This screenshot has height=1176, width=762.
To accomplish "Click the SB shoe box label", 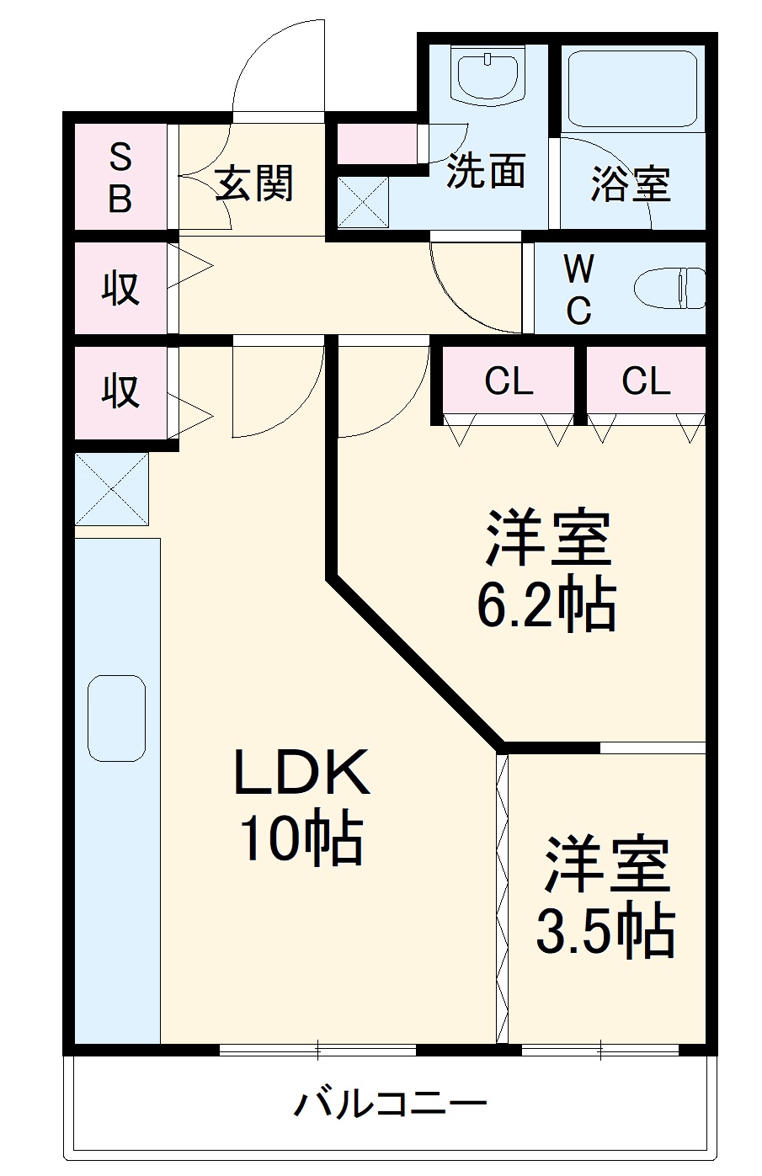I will point(120,178).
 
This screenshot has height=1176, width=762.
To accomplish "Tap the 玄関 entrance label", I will point(254,183).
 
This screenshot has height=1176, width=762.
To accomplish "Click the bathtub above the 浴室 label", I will point(631,88).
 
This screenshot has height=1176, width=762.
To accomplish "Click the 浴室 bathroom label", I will point(630,183).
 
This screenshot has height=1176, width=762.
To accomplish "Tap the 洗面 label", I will point(486,171).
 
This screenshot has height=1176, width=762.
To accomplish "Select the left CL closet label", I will point(509,381).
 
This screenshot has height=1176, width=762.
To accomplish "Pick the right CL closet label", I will point(646,381).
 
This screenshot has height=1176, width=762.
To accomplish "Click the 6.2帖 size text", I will point(546,605).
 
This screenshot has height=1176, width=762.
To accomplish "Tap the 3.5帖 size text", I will point(605,931).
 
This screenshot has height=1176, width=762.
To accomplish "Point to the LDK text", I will point(301,773).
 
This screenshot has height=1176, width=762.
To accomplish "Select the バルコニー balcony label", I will point(391,1102).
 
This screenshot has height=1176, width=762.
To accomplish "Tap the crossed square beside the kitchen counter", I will point(112,489).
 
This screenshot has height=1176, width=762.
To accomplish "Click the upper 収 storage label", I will point(120,289).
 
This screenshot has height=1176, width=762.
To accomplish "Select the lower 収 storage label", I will point(120,391).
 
